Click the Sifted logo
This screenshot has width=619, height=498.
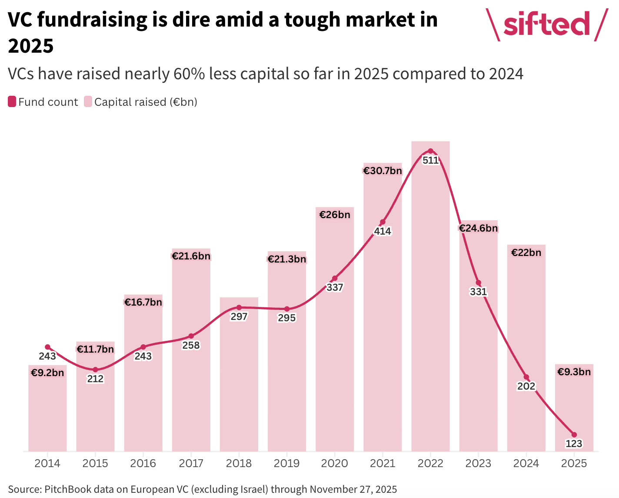(x=546, y=25)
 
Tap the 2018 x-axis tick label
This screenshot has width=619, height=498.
(x=239, y=463)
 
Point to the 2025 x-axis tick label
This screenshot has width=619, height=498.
(x=574, y=463)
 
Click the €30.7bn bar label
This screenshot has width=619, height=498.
(x=383, y=171)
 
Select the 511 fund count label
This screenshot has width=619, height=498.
(x=430, y=160)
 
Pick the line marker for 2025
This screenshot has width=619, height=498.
(x=574, y=434)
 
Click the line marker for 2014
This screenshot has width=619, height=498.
(x=48, y=347)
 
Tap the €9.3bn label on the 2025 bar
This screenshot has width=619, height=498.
(x=574, y=372)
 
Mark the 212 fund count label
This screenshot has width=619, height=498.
(x=95, y=379)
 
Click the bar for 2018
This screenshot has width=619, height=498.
(x=239, y=383)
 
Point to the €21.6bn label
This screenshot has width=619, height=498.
(x=191, y=256)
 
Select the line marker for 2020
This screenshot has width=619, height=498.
(x=335, y=278)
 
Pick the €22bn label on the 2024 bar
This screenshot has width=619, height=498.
(x=526, y=252)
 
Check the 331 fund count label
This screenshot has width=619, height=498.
(x=478, y=292)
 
